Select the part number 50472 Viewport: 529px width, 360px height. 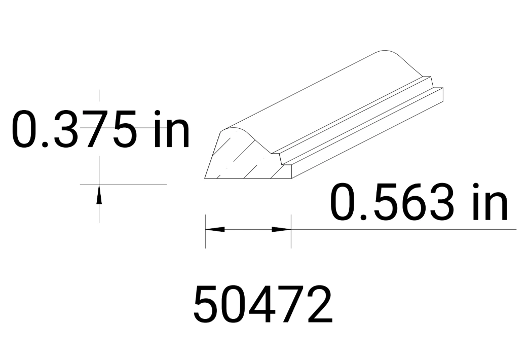point(263,304)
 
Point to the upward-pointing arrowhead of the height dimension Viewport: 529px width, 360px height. point(99,193)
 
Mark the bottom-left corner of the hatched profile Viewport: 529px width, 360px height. point(205,178)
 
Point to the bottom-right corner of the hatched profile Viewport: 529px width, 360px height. point(291,178)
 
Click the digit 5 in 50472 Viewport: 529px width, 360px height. point(208,304)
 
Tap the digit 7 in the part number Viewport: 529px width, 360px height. point(291,304)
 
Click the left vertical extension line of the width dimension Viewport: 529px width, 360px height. point(205,238)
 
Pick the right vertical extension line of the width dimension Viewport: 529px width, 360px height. point(291,238)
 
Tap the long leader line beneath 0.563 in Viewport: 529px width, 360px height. point(405,229)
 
